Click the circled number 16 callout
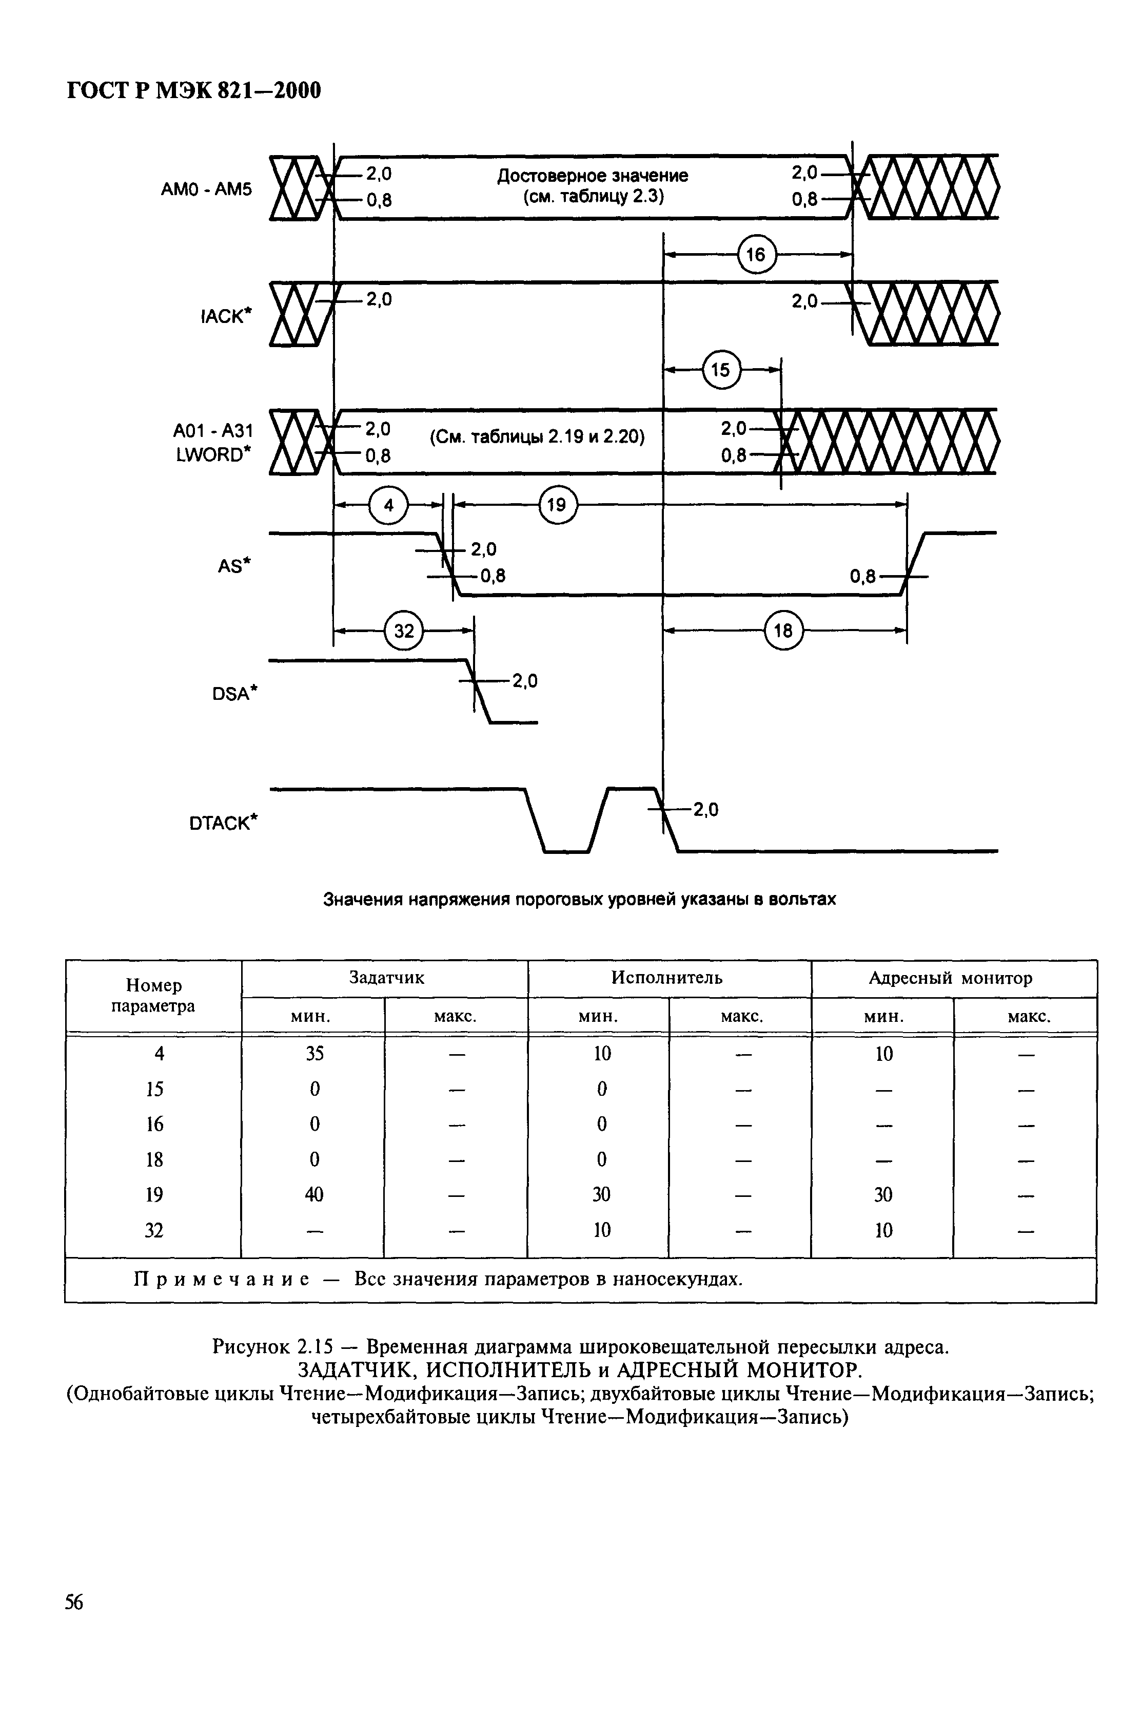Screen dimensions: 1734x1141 pyautogui.click(x=756, y=254)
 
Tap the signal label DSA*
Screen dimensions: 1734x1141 pyautogui.click(x=235, y=694)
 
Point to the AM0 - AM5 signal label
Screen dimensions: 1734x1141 pyautogui.click(x=206, y=189)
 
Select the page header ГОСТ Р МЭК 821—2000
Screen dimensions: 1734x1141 pyautogui.click(x=194, y=91)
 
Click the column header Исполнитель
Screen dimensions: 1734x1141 pyautogui.click(x=667, y=978)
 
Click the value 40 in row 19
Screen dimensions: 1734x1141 pyautogui.click(x=314, y=1194)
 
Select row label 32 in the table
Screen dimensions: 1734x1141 pyautogui.click(x=154, y=1230)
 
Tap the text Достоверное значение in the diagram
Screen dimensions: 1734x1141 pyautogui.click(x=592, y=176)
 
